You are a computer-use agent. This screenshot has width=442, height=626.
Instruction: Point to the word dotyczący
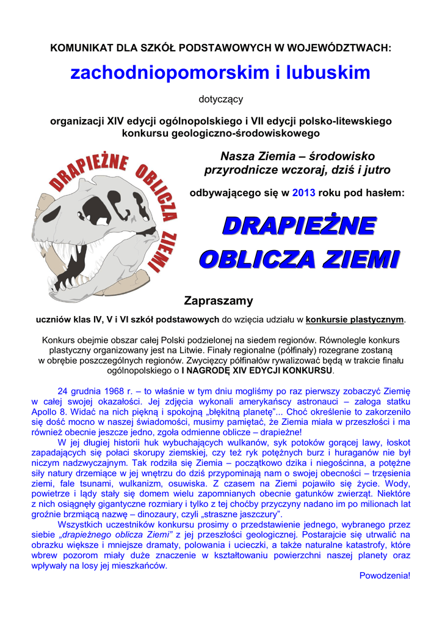click(x=220, y=98)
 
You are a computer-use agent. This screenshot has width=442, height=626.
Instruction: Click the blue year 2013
click(x=303, y=193)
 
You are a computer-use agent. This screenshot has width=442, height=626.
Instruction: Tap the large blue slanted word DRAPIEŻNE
click(x=298, y=226)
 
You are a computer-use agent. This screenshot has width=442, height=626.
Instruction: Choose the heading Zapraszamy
click(x=219, y=301)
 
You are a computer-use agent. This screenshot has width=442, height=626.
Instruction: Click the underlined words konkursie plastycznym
click(x=355, y=319)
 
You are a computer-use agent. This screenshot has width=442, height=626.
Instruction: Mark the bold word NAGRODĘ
click(x=214, y=370)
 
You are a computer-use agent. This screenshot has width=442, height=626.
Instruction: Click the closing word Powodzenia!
click(x=385, y=576)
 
